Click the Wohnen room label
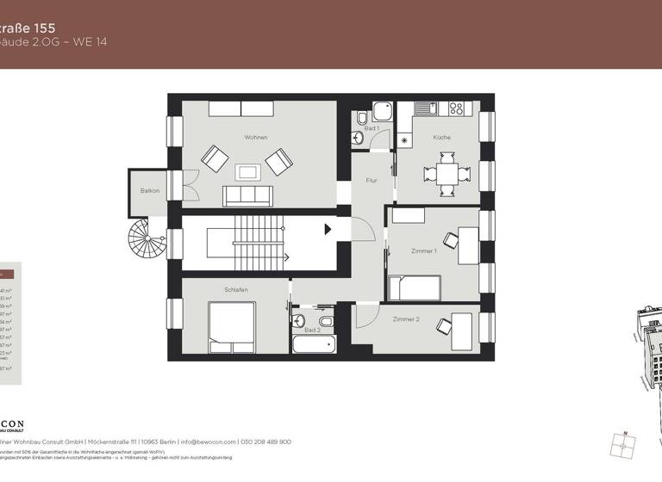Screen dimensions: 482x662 click(255, 138)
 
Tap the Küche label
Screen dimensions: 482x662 click(441, 138)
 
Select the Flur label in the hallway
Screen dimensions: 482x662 click(372, 181)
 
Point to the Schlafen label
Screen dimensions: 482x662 click(236, 290)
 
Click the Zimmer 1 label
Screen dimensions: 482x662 click(424, 250)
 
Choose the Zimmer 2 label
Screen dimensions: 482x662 click(405, 319)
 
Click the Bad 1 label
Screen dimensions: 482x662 click(372, 128)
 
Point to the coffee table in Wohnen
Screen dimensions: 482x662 click(247, 170)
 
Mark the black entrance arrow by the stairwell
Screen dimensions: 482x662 click(328, 229)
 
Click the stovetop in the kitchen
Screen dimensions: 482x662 click(457, 109)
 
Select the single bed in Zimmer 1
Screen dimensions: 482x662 click(415, 287)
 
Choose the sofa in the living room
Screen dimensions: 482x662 click(247, 196)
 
